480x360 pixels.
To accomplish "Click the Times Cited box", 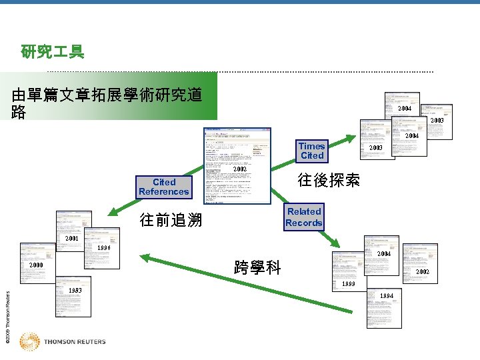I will [x=311, y=151].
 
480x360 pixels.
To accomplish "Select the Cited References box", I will [x=164, y=187].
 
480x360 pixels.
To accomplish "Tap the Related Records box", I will [x=304, y=217].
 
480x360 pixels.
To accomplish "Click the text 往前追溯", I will [x=171, y=220].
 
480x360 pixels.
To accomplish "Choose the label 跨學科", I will [x=257, y=268].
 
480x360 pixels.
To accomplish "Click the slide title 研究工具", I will [x=52, y=51].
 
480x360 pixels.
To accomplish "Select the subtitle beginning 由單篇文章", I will [x=107, y=104].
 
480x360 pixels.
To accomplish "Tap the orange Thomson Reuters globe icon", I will [x=29, y=341].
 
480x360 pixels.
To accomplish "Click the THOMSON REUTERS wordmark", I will [x=75, y=342].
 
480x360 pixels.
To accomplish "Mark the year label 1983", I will [x=75, y=291].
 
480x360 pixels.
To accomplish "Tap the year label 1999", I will [x=347, y=285].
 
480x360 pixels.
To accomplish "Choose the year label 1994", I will [x=387, y=295].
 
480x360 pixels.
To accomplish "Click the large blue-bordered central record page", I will [x=237, y=165].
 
